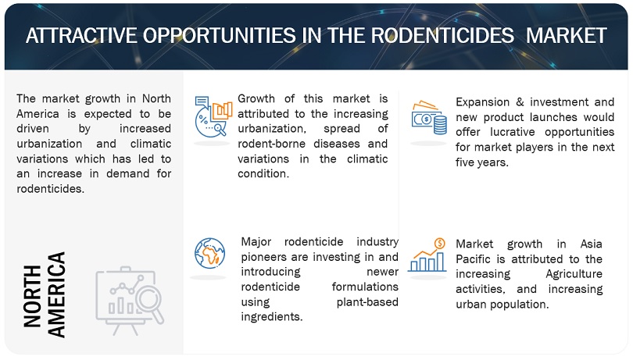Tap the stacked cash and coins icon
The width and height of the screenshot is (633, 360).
(x=427, y=116)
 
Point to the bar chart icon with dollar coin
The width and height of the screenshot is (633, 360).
(x=428, y=255)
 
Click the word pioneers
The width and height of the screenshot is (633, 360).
(x=265, y=258)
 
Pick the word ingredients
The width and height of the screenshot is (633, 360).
(x=274, y=317)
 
